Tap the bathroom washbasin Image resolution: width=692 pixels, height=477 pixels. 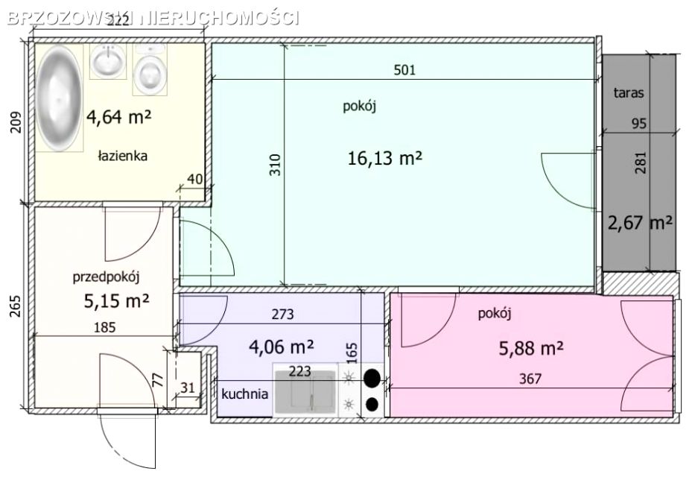coord(108,61)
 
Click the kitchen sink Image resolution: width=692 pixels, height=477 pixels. coord(305,390)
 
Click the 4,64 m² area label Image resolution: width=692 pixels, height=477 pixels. coord(118,118)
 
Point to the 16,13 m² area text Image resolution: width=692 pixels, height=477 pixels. coord(385,158)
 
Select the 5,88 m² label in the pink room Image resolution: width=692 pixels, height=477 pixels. coord(531,349)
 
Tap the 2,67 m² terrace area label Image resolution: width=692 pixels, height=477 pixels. coord(640,223)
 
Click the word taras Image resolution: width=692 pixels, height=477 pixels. coord(629,93)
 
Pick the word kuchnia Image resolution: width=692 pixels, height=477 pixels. coord(244,394)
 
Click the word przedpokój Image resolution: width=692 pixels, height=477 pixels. coord(106,278)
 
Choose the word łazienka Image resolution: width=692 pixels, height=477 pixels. coord(122,156)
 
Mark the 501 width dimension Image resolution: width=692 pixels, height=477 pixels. coord(404,70)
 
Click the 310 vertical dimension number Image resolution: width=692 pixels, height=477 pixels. coord(275,165)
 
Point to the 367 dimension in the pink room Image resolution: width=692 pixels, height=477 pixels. coord(530,379)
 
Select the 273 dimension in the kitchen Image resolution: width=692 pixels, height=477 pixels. coord(282,315)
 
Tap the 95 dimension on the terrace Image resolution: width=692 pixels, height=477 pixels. coord(638,123)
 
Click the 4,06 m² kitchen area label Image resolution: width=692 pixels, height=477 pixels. coord(282,347)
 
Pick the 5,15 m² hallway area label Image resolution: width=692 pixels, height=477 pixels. coord(116,301)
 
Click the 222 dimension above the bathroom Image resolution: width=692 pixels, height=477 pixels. coord(118,20)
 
